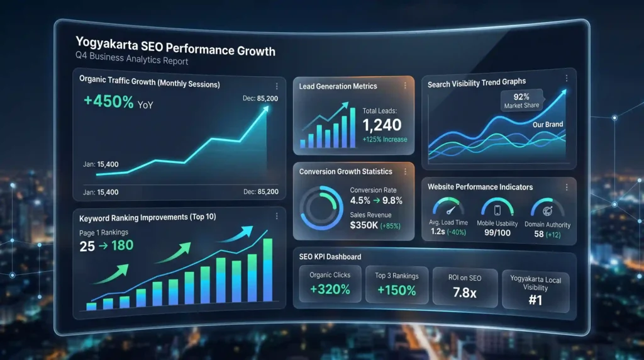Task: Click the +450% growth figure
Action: [108, 101]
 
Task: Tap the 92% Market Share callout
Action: [521, 100]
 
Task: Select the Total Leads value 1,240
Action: [382, 125]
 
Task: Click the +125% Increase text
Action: [385, 139]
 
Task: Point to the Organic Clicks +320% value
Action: [330, 290]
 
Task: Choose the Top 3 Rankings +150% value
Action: [396, 290]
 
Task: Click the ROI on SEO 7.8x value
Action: [465, 293]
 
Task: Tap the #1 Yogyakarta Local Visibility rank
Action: [536, 300]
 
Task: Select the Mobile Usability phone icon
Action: [497, 210]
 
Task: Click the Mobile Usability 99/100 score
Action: [497, 233]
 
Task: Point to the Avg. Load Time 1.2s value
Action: [438, 232]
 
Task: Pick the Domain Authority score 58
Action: [539, 234]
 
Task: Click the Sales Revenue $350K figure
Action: [364, 225]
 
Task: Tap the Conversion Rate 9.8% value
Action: [392, 201]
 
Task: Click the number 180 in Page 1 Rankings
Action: [122, 245]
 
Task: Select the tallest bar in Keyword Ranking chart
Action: [267, 269]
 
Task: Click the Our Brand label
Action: [548, 125]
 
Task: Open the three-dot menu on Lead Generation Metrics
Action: [405, 86]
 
